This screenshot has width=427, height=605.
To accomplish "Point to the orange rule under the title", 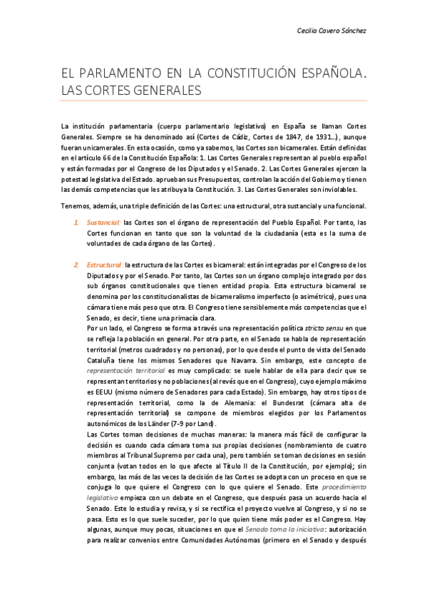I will pyautogui.click(x=213, y=100).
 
